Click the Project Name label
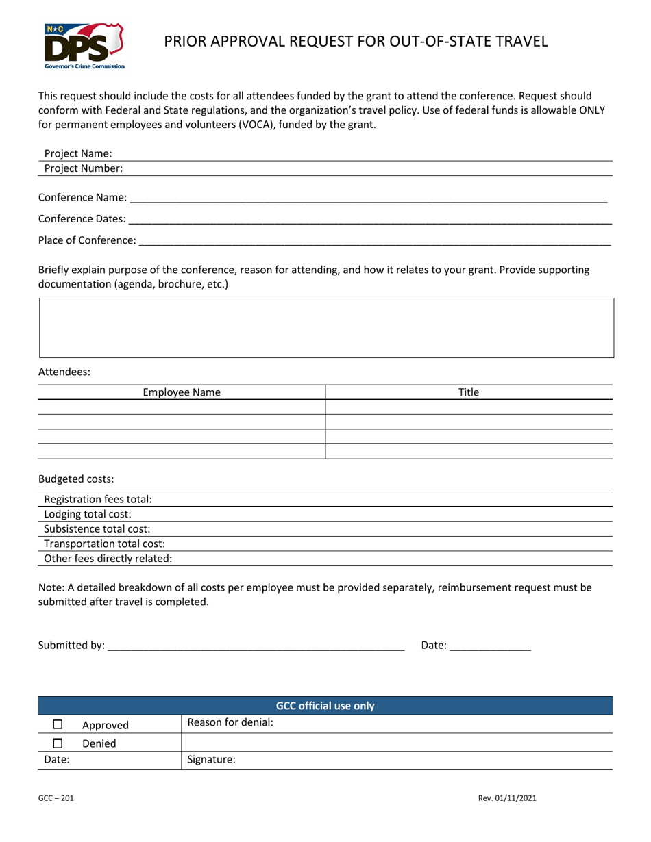tap(78, 154)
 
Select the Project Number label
tap(84, 168)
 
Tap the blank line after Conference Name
tap(368, 199)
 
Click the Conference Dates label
tap(82, 219)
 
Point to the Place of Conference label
tap(87, 240)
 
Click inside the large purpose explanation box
tap(326, 327)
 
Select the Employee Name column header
tap(182, 392)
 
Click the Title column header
tap(469, 392)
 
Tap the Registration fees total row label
tap(98, 500)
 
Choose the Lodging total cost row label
tap(88, 514)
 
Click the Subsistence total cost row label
tap(97, 528)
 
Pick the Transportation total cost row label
tap(104, 544)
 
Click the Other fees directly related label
tap(108, 558)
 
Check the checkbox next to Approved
tap(58, 725)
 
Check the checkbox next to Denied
tap(58, 743)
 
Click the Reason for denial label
tap(230, 722)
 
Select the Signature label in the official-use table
tap(211, 759)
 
